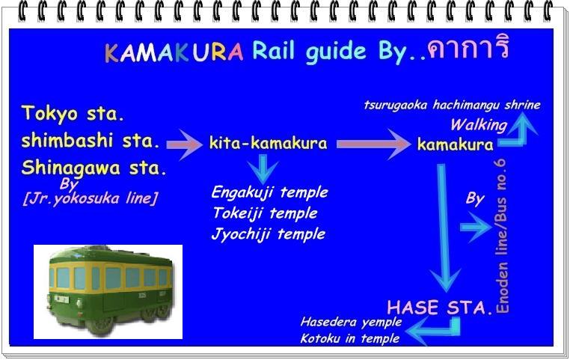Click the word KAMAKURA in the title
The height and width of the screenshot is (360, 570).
coord(174,52)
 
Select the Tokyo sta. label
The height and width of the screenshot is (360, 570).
coord(73,114)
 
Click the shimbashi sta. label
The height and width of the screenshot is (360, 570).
coord(91,141)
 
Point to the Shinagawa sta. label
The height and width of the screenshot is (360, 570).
coord(94,168)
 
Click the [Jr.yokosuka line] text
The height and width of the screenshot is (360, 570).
coord(91,198)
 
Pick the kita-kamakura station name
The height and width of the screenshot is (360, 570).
coord(269,143)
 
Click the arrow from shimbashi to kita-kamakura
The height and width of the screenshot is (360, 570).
coord(185,144)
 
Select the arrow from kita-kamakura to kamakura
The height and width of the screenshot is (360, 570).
coord(374,144)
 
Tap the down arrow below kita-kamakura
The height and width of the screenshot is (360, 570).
coord(263,169)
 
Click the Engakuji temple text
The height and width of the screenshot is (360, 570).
coord(270,193)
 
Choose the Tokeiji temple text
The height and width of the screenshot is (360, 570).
coord(265,213)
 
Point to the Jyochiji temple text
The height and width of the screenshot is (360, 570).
coord(269,234)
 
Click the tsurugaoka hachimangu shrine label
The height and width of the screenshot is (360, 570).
coord(453,105)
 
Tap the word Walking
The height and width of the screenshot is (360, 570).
coord(479,125)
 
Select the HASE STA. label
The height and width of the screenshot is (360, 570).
coord(440,308)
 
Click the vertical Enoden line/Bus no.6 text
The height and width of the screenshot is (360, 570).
coord(502,237)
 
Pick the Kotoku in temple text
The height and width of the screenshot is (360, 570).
coord(350,339)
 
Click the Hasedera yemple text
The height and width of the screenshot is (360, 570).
coord(351,322)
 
